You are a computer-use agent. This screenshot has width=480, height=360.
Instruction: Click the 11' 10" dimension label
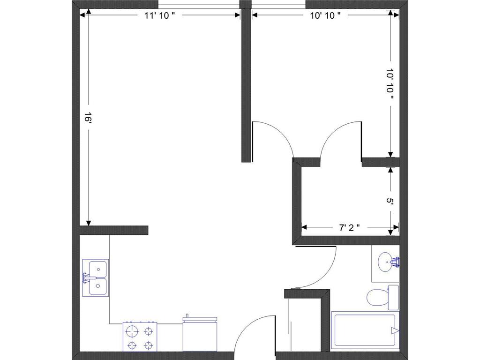pos(159,15)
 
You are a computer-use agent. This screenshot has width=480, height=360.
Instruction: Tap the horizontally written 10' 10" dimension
pos(325,15)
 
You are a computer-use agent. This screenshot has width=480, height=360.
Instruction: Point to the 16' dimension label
pos(87,117)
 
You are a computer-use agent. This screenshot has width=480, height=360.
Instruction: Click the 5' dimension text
pos(390,201)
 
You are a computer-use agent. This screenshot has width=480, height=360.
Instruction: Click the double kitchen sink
pos(97,277)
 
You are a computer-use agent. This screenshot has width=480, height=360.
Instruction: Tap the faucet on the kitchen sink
pos(87,277)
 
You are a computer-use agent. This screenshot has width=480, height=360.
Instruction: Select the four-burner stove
pos(140,337)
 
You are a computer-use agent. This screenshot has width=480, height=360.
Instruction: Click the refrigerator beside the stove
pos(201,335)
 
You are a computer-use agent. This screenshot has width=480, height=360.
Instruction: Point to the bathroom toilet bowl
pos(377,297)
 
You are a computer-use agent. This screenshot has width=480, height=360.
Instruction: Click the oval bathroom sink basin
pos(386,261)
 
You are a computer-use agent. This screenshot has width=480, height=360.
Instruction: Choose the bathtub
pos(365,330)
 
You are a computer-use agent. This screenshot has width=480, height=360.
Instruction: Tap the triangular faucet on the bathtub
pos(395,331)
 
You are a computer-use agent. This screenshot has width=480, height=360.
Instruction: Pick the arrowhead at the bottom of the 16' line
pos(87,222)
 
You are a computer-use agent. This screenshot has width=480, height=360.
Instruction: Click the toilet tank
pos(393,297)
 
